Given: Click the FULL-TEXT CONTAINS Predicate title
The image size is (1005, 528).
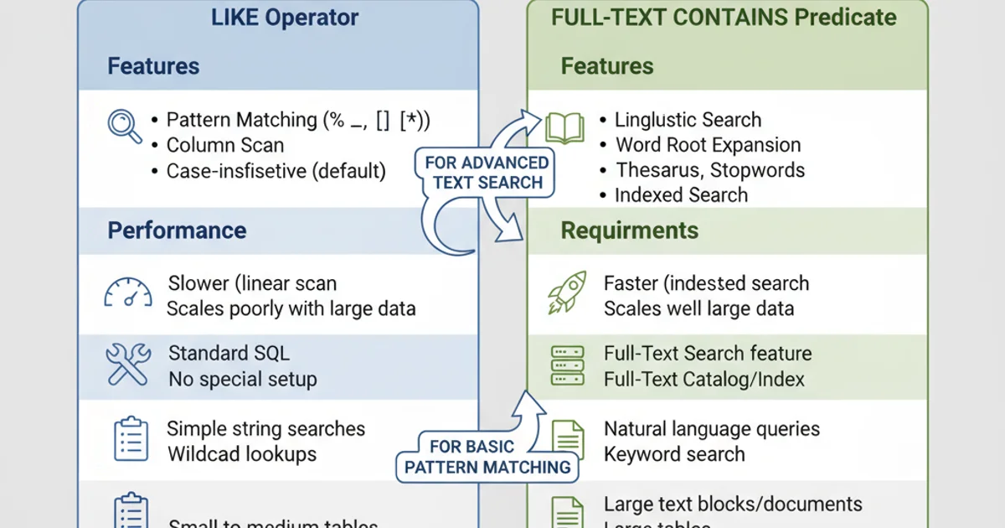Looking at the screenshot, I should pyautogui.click(x=724, y=18).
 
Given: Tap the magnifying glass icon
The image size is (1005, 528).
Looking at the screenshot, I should pyautogui.click(x=126, y=127).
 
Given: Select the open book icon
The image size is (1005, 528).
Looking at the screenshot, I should pyautogui.click(x=564, y=127).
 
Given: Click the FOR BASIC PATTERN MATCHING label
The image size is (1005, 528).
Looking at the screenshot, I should pyautogui.click(x=487, y=457).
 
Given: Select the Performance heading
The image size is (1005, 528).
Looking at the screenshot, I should pyautogui.click(x=177, y=230).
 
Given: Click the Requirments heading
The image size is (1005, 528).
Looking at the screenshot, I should pyautogui.click(x=629, y=230).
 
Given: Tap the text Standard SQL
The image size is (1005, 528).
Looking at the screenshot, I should pyautogui.click(x=229, y=354).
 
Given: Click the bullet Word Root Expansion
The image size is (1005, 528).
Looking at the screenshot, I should pyautogui.click(x=708, y=145).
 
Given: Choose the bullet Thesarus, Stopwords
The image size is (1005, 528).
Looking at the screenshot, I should pyautogui.click(x=710, y=170).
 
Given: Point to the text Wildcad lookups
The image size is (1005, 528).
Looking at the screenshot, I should pyautogui.click(x=242, y=454).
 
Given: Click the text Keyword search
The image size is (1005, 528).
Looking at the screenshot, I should pyautogui.click(x=674, y=454).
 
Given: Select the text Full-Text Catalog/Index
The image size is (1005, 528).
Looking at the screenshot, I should pyautogui.click(x=703, y=379).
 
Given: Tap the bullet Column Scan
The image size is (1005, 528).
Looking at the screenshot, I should pyautogui.click(x=225, y=145).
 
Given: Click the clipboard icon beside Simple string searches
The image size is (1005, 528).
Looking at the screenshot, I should pyautogui.click(x=130, y=440).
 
